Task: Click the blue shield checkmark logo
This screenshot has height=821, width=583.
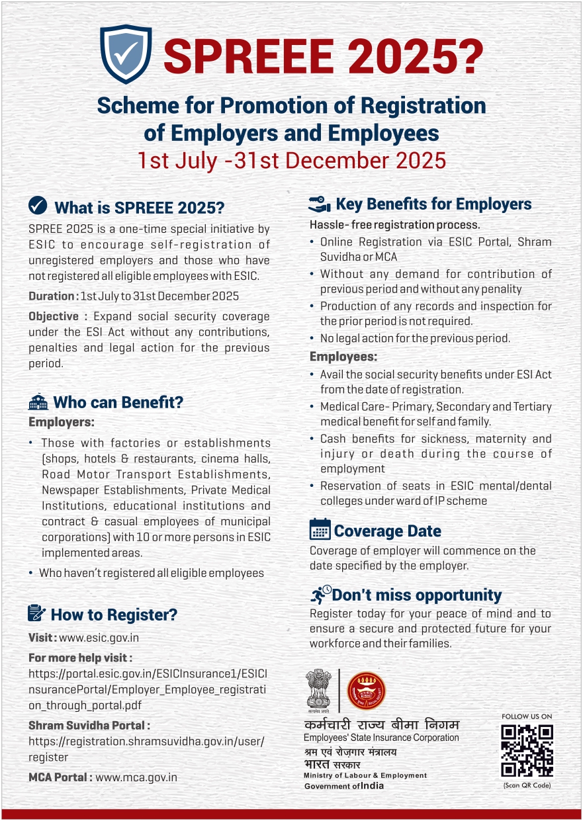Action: point(126,54)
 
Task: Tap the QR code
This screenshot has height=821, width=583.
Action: point(527,751)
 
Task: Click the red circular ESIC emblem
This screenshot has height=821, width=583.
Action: point(366,690)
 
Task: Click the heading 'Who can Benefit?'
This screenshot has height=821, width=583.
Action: point(118,402)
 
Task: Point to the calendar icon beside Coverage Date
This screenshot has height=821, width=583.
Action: point(320,530)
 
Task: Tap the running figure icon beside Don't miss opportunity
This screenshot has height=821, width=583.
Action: point(320,593)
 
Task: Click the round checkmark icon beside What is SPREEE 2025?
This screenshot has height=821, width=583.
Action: point(38,206)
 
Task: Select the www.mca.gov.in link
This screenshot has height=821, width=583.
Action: point(136,777)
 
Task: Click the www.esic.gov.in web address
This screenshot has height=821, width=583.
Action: point(99,638)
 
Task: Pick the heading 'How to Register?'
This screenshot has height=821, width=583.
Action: point(114,615)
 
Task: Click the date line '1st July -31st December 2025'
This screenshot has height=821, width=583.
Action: point(291,161)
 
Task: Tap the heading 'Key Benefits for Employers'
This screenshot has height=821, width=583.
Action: point(433,204)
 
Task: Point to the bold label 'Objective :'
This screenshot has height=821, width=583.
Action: point(55,316)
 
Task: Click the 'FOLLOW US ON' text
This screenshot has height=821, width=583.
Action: point(527,716)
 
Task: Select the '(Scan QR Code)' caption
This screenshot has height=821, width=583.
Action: point(527,785)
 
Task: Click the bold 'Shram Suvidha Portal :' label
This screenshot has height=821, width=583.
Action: point(89,726)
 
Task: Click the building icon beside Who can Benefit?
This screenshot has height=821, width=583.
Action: point(38,402)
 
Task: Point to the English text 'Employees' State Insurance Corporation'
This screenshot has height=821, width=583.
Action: point(381,738)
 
